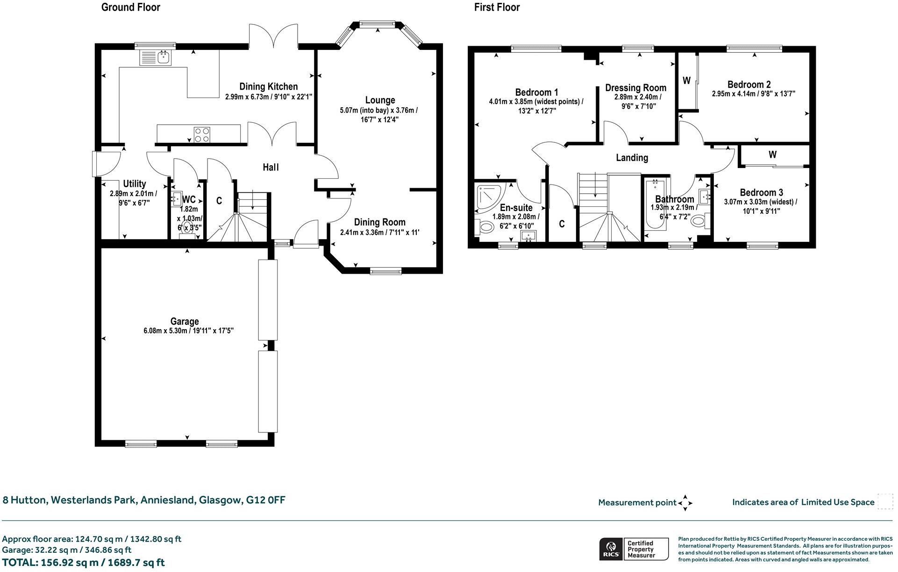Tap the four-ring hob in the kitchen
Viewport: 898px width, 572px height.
(202, 134)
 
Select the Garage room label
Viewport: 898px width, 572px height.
(185, 321)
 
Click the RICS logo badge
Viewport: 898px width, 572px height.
(610, 549)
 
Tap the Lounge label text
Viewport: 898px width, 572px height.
(380, 100)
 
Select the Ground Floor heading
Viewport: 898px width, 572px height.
(131, 7)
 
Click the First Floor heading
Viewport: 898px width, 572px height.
(497, 7)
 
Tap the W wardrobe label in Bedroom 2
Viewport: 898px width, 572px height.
(686, 81)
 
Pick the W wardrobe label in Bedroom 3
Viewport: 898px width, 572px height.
(772, 155)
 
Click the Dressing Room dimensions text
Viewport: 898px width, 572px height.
(635, 102)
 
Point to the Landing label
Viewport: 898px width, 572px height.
(632, 158)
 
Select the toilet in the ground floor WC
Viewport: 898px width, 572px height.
(187, 228)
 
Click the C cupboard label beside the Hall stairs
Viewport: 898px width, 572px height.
(219, 201)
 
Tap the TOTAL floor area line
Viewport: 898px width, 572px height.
(84, 563)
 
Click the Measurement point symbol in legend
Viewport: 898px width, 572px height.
(685, 503)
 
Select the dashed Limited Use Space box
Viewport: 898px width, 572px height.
(885, 502)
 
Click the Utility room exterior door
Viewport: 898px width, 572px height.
(95, 163)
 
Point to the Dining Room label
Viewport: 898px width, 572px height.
(379, 222)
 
